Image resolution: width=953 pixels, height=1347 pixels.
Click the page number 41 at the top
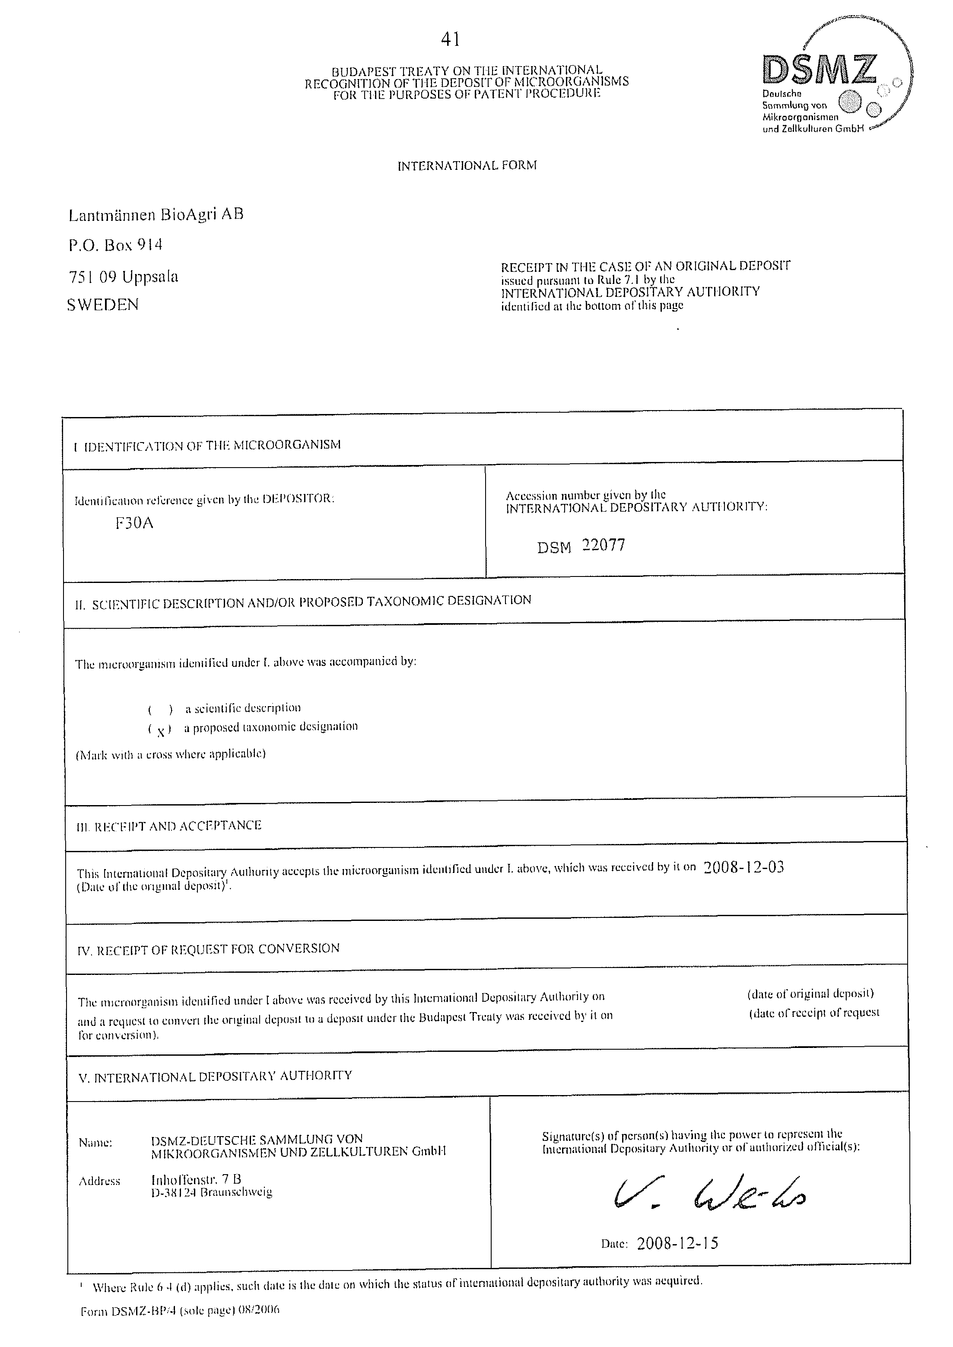[450, 39]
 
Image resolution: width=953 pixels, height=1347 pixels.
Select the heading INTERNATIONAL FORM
[467, 166]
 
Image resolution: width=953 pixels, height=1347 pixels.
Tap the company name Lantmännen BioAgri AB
[156, 215]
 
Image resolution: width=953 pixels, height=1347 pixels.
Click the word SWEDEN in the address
[103, 305]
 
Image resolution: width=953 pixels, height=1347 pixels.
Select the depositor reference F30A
[134, 522]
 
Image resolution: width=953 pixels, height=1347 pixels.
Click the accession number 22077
[604, 545]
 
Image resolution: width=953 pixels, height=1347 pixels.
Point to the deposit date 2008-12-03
[743, 867]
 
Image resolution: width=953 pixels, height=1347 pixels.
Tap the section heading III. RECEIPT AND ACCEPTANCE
[169, 826]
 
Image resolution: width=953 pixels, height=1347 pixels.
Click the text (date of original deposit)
[810, 994]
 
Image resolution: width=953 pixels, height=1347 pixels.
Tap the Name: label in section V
[95, 1143]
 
